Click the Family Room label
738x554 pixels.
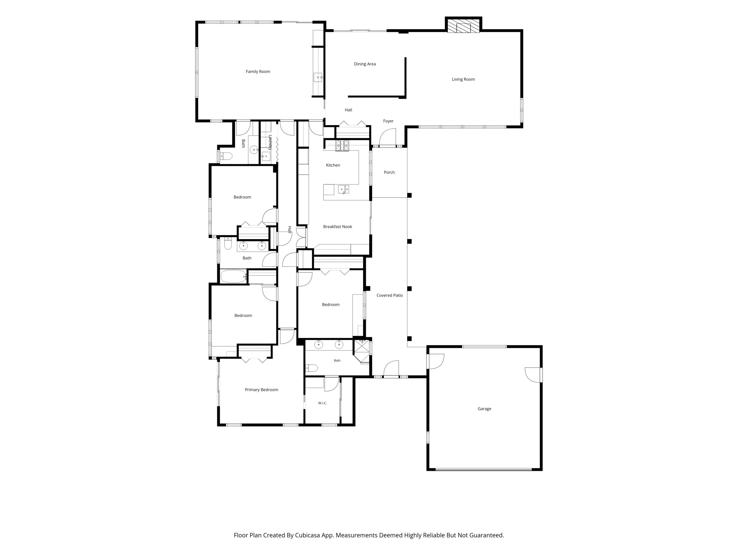(258, 72)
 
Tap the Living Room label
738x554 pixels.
(463, 79)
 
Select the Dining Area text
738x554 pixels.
(365, 64)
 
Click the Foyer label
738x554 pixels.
(388, 121)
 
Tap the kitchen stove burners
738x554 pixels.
(342, 146)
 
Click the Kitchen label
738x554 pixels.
(333, 165)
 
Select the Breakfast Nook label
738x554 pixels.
(338, 227)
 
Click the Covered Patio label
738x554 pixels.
(390, 295)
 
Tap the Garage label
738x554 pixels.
(484, 409)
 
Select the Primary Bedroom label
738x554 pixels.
(261, 390)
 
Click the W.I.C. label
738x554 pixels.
(322, 403)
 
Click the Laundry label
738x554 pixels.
(270, 142)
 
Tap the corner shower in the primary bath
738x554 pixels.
(362, 351)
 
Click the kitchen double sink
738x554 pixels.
(344, 190)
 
